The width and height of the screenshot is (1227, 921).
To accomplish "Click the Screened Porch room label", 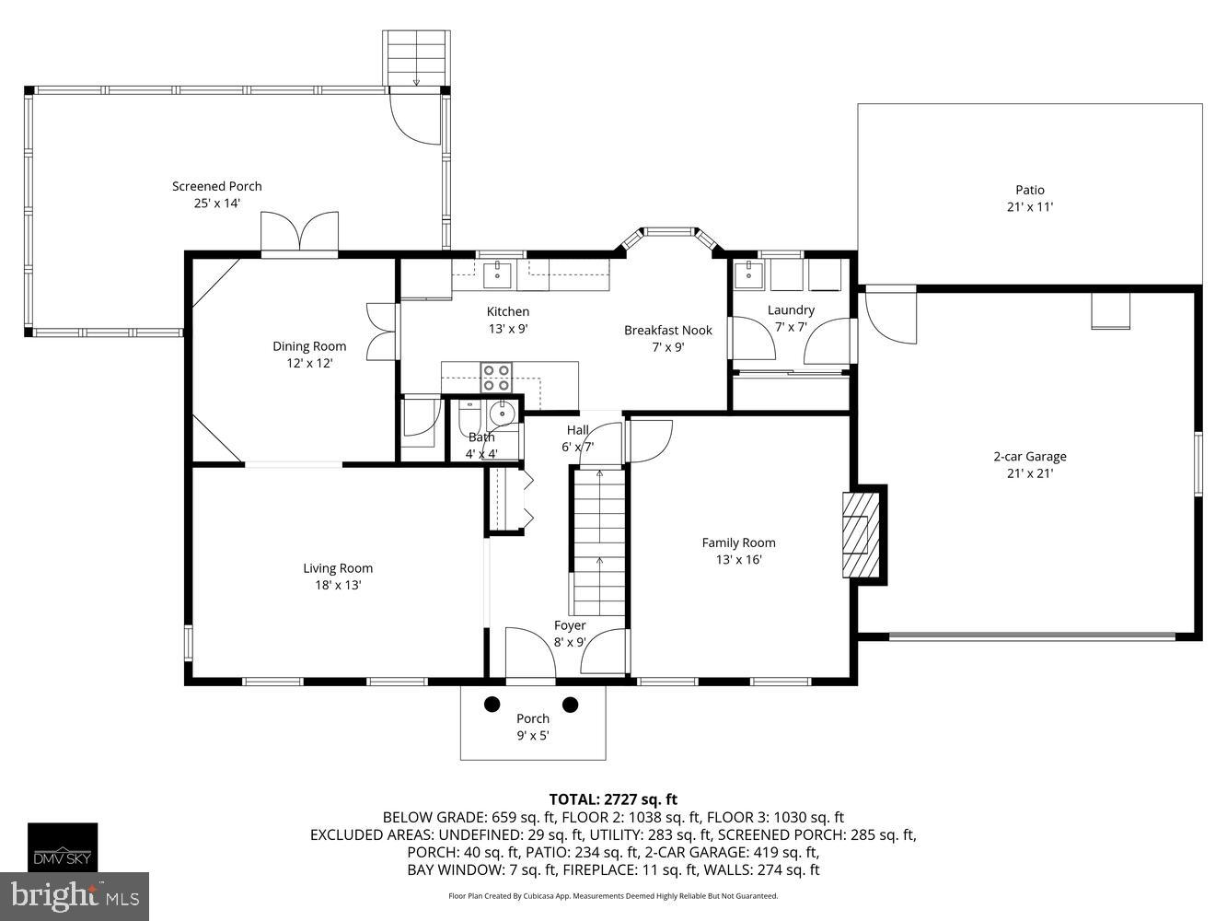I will pos(217,186).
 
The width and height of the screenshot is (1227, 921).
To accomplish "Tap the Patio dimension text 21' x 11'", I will pos(1029,207).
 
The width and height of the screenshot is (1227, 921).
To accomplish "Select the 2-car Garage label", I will pos(1029,456).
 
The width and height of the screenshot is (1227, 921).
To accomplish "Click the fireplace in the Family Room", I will pos(862,534).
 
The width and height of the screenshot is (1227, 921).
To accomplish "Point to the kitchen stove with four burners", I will pos(497,379).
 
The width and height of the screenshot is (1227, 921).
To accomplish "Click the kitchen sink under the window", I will pos(497,274).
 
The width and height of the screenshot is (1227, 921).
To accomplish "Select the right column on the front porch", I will pos(570,705).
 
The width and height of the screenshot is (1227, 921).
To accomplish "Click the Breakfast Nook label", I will pos(667,330).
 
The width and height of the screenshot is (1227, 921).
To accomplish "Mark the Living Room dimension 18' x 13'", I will pos(338,585).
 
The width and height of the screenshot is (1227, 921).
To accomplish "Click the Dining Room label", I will pos(309,346).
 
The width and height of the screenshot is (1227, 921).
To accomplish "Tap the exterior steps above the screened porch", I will pos(416,58).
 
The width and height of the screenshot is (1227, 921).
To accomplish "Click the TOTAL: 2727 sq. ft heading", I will pos(613,799).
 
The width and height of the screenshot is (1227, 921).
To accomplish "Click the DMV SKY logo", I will pos(62,846).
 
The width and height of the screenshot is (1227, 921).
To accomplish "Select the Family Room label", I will pos(738,542).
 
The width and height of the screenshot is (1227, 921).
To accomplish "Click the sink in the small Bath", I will pos(502,413).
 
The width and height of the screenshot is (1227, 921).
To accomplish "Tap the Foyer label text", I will pos(570,625).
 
